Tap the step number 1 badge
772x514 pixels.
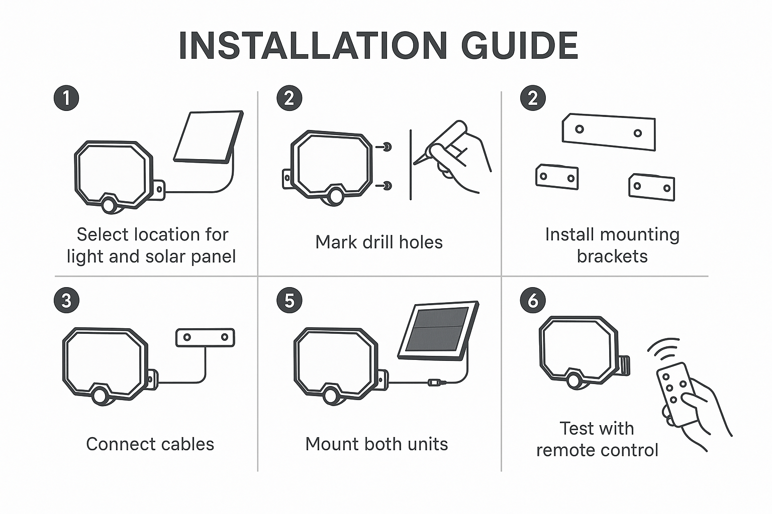pyautogui.click(x=66, y=98)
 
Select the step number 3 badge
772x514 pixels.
pyautogui.click(x=66, y=300)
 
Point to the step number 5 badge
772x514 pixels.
pyautogui.click(x=289, y=300)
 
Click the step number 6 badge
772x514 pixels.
pyautogui.click(x=533, y=300)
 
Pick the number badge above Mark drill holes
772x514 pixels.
pyautogui.click(x=289, y=98)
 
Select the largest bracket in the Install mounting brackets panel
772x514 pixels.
pyautogui.click(x=609, y=132)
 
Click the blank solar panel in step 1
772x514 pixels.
pyautogui.click(x=209, y=137)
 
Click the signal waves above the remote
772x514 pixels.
pyautogui.click(x=663, y=349)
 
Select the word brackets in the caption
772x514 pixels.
pyautogui.click(x=612, y=256)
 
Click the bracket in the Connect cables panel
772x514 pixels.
pyautogui.click(x=206, y=337)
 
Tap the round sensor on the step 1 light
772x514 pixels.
pyautogui.click(x=109, y=205)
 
